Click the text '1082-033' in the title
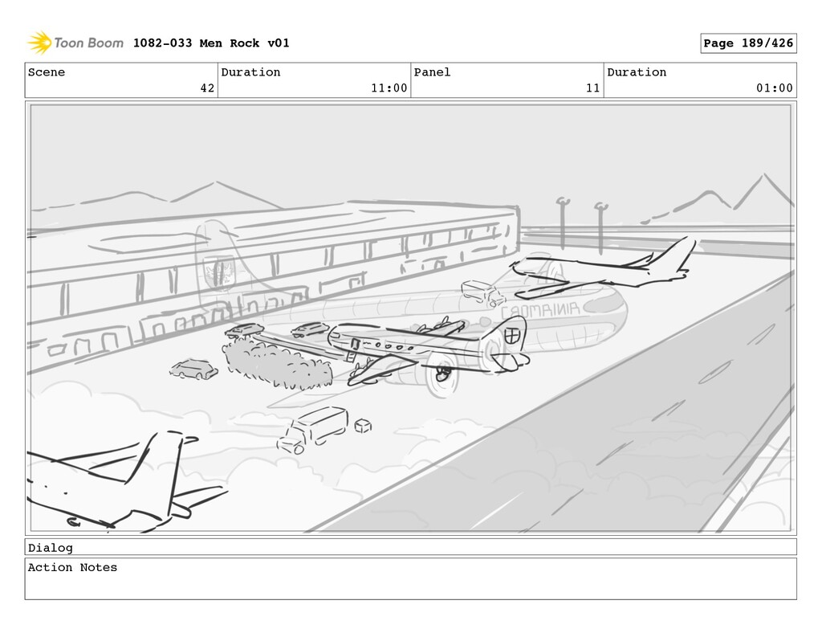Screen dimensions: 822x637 (x=162, y=43)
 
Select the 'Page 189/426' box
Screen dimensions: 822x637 (x=748, y=43)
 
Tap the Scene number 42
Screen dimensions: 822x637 (x=207, y=88)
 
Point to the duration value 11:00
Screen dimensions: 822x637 (x=389, y=88)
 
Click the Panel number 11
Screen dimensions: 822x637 (x=592, y=88)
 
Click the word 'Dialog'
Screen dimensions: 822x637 (x=50, y=548)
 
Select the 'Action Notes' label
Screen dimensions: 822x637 (x=72, y=568)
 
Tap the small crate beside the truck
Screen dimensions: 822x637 (x=363, y=425)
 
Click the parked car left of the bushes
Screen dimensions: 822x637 (x=193, y=370)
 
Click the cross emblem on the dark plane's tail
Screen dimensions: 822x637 (x=511, y=335)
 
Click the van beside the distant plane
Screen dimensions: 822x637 (x=482, y=292)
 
